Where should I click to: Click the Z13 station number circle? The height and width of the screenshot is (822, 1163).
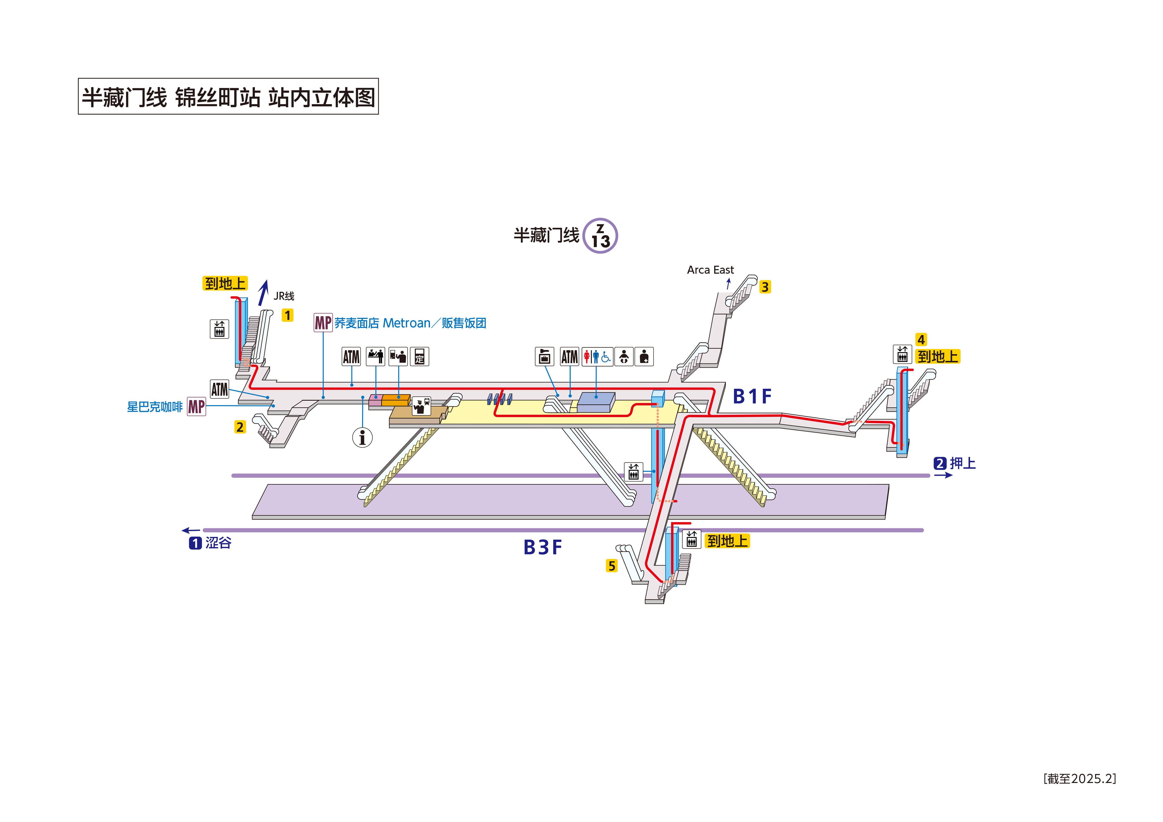click(x=600, y=236)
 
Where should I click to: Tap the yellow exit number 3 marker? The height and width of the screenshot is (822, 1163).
click(x=765, y=287)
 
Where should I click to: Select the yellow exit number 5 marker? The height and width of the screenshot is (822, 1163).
click(x=611, y=566)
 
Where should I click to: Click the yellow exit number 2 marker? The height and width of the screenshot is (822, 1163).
click(x=240, y=427)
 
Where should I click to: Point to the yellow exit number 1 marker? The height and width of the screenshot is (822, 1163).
click(x=287, y=315)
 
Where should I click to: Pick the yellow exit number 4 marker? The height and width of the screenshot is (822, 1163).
click(x=921, y=339)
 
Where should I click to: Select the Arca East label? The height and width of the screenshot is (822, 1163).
click(x=710, y=270)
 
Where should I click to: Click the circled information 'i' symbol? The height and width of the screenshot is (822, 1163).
click(x=362, y=437)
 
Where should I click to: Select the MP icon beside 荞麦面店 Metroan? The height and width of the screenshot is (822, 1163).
click(x=323, y=323)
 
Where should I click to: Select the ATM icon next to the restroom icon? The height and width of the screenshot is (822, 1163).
click(x=569, y=356)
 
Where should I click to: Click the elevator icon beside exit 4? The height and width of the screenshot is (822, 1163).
click(x=902, y=354)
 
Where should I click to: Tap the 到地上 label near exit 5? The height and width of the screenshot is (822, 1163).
click(x=727, y=541)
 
